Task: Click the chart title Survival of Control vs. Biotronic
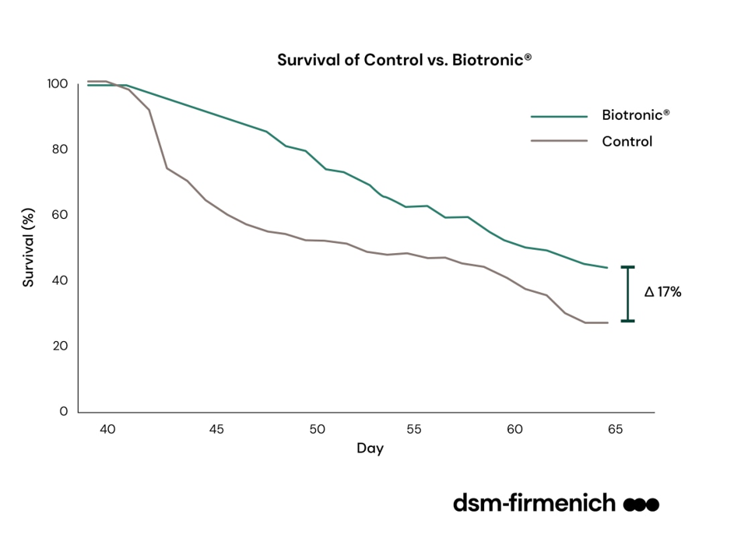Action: [x=405, y=59]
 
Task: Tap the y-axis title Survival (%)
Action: [x=29, y=247]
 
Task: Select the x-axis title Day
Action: [x=370, y=449]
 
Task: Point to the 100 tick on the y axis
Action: [x=58, y=84]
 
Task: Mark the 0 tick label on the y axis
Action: [x=64, y=411]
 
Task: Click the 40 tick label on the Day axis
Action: [x=107, y=429]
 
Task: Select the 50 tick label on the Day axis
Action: [x=317, y=429]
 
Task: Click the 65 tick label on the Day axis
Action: [x=615, y=429]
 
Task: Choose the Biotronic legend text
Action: [x=636, y=115]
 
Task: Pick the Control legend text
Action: [x=627, y=142]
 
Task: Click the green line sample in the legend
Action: [x=559, y=116]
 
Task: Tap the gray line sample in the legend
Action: [x=559, y=142]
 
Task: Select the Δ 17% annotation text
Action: [x=662, y=293]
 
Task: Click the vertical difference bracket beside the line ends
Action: [x=627, y=294]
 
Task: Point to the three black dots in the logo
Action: [x=641, y=505]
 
